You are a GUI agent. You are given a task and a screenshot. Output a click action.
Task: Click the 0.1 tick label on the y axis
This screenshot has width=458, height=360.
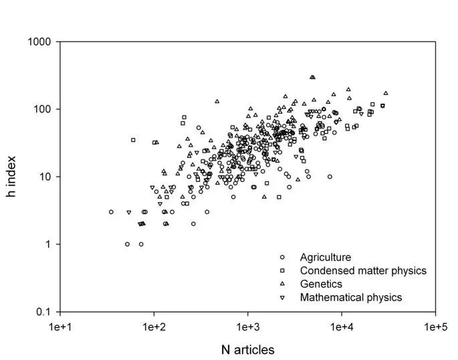(44, 312)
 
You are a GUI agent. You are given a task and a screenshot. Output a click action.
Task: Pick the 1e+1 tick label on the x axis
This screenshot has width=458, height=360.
(60, 326)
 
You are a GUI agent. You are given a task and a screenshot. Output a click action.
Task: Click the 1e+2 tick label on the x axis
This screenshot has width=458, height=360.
(154, 326)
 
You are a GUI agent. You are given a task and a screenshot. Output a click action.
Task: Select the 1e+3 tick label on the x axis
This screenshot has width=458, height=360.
(248, 326)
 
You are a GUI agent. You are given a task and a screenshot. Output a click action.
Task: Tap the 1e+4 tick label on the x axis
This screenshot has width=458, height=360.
(342, 326)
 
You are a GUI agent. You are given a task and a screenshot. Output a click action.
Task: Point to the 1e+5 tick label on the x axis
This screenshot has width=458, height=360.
(436, 326)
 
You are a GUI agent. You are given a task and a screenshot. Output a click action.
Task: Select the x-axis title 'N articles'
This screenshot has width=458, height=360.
(248, 349)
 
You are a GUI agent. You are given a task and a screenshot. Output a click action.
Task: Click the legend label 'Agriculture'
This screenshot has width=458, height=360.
(326, 257)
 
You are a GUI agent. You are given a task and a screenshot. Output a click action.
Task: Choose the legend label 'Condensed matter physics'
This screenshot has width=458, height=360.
(363, 270)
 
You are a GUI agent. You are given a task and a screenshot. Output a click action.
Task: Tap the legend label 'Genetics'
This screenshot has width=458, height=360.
(321, 284)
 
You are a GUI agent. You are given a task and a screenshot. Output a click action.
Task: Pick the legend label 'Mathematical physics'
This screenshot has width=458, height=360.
(351, 297)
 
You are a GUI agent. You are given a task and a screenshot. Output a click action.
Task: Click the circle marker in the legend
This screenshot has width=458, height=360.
(283, 257)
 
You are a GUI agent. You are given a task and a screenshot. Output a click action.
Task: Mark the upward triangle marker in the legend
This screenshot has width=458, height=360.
(283, 284)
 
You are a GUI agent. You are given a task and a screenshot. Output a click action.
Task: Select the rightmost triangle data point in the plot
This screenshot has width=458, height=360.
(386, 93)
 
